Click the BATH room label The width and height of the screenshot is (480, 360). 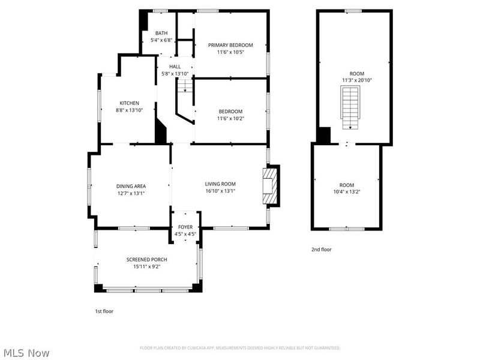pyautogui.click(x=161, y=33)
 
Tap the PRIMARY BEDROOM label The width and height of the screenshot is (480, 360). pyautogui.click(x=230, y=45)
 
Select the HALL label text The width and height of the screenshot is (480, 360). pyautogui.click(x=175, y=67)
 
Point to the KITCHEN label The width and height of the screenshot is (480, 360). pyautogui.click(x=129, y=103)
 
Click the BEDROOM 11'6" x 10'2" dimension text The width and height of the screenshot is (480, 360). pyautogui.click(x=230, y=118)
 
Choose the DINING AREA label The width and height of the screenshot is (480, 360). pyautogui.click(x=131, y=186)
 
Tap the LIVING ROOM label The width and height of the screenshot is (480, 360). pyautogui.click(x=220, y=184)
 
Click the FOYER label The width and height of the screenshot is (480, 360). pyautogui.click(x=185, y=227)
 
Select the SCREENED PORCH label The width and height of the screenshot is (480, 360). pyautogui.click(x=146, y=259)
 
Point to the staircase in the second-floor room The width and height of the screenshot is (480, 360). pyautogui.click(x=349, y=107)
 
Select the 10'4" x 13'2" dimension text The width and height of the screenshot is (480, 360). pyautogui.click(x=346, y=192)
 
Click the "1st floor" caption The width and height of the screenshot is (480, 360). pyautogui.click(x=104, y=311)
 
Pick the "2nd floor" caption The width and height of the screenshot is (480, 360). pyautogui.click(x=321, y=250)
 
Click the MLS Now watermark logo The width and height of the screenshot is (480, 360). pyautogui.click(x=25, y=353)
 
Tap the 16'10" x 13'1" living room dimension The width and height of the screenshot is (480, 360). pyautogui.click(x=220, y=191)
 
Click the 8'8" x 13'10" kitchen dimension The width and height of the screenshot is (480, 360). pyautogui.click(x=129, y=110)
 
